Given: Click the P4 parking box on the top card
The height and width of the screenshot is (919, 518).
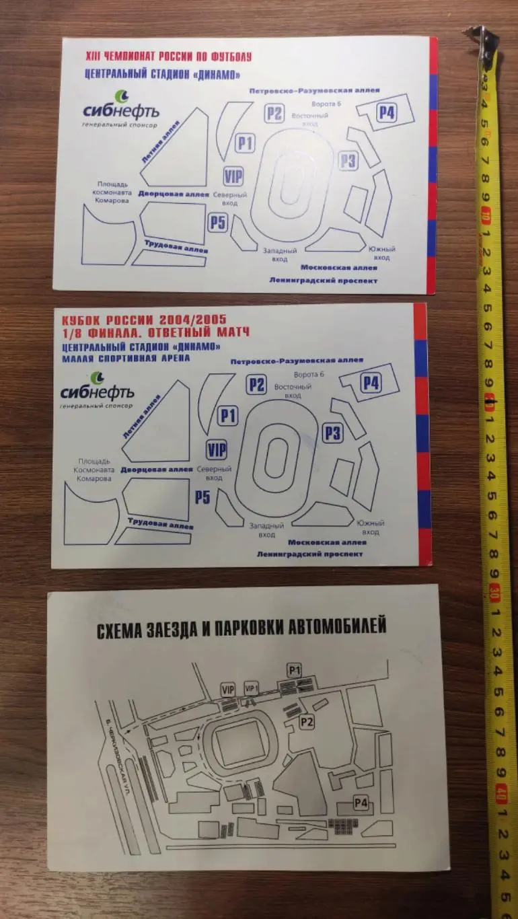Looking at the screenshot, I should coord(386,112).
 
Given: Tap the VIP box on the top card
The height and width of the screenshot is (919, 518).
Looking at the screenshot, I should coord(233,177).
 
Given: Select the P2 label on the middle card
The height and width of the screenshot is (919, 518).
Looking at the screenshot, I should coord(257,385).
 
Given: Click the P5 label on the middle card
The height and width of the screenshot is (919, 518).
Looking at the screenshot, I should coord(202,497).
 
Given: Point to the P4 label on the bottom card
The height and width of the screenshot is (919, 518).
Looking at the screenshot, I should coord(361,803).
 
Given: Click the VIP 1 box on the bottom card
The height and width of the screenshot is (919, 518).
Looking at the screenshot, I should coord(252,688).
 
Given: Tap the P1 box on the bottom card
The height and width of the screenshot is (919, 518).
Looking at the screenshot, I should coord(295,669).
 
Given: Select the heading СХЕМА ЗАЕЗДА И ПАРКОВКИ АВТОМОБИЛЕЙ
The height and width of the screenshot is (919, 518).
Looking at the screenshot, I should coord(242,628).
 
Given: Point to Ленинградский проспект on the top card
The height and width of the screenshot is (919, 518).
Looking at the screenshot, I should coord(322,281).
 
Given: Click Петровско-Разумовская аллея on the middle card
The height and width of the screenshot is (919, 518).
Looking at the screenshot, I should coord(297,361).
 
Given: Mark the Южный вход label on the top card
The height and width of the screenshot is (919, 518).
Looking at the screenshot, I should coord(382,254).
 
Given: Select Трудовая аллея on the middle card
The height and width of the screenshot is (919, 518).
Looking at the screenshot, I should coord(152,523).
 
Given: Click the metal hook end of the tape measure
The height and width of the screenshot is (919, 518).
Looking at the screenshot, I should coord(479,39).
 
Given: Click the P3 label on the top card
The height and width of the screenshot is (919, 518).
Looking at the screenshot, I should coord(348,161).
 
